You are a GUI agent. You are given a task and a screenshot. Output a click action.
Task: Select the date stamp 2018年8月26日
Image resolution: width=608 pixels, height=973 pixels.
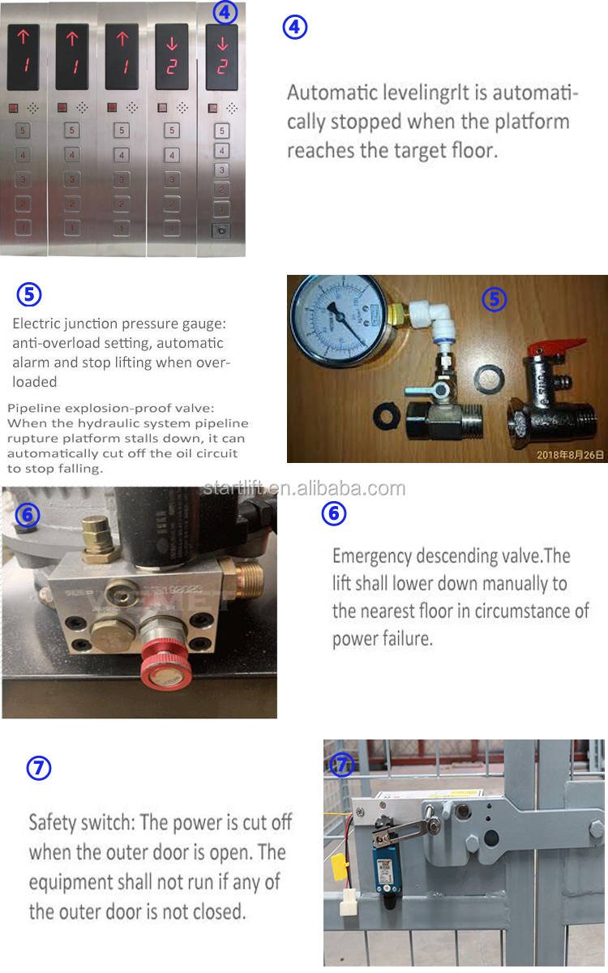tap(570, 455)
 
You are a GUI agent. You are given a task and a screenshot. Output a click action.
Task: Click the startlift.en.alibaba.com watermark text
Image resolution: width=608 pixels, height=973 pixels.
tap(304, 488)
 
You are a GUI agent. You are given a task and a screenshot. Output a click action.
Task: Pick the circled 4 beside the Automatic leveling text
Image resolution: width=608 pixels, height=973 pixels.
tap(294, 28)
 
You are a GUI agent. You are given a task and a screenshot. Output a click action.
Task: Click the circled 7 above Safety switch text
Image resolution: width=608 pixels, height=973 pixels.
tap(39, 768)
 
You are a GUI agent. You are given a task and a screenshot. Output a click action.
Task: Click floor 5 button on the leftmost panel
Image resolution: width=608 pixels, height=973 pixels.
tap(22, 130)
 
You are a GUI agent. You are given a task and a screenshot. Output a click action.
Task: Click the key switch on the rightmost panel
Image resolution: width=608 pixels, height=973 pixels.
tap(221, 229)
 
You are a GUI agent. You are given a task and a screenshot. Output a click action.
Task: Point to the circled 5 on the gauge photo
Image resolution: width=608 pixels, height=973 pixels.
tap(494, 299)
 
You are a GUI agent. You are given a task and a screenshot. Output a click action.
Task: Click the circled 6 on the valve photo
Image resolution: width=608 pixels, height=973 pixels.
tap(28, 514)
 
